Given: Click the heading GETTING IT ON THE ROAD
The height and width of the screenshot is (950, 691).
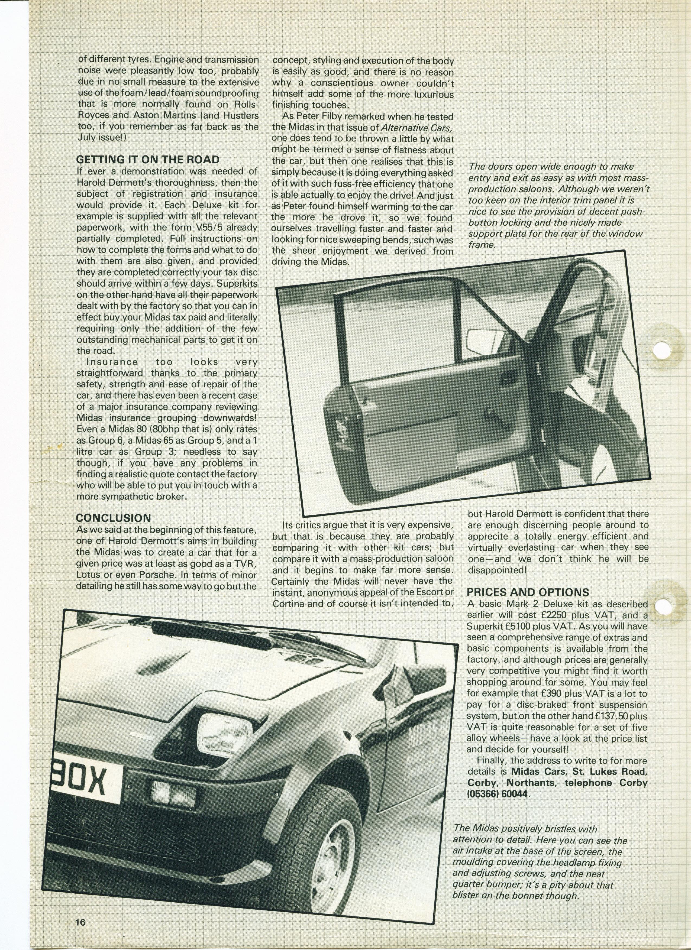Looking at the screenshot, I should click(x=147, y=160).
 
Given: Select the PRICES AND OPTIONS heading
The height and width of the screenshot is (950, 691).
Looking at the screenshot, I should click(x=528, y=592).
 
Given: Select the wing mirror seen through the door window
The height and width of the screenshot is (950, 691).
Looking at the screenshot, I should click(x=484, y=338).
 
